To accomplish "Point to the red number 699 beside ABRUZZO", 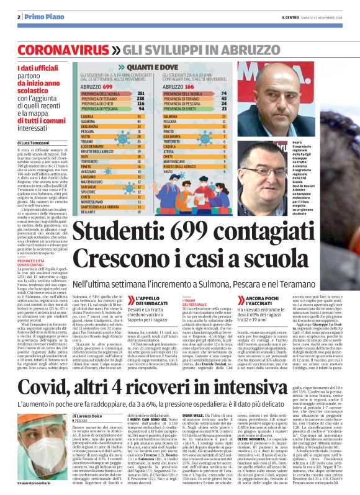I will point(107,88).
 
